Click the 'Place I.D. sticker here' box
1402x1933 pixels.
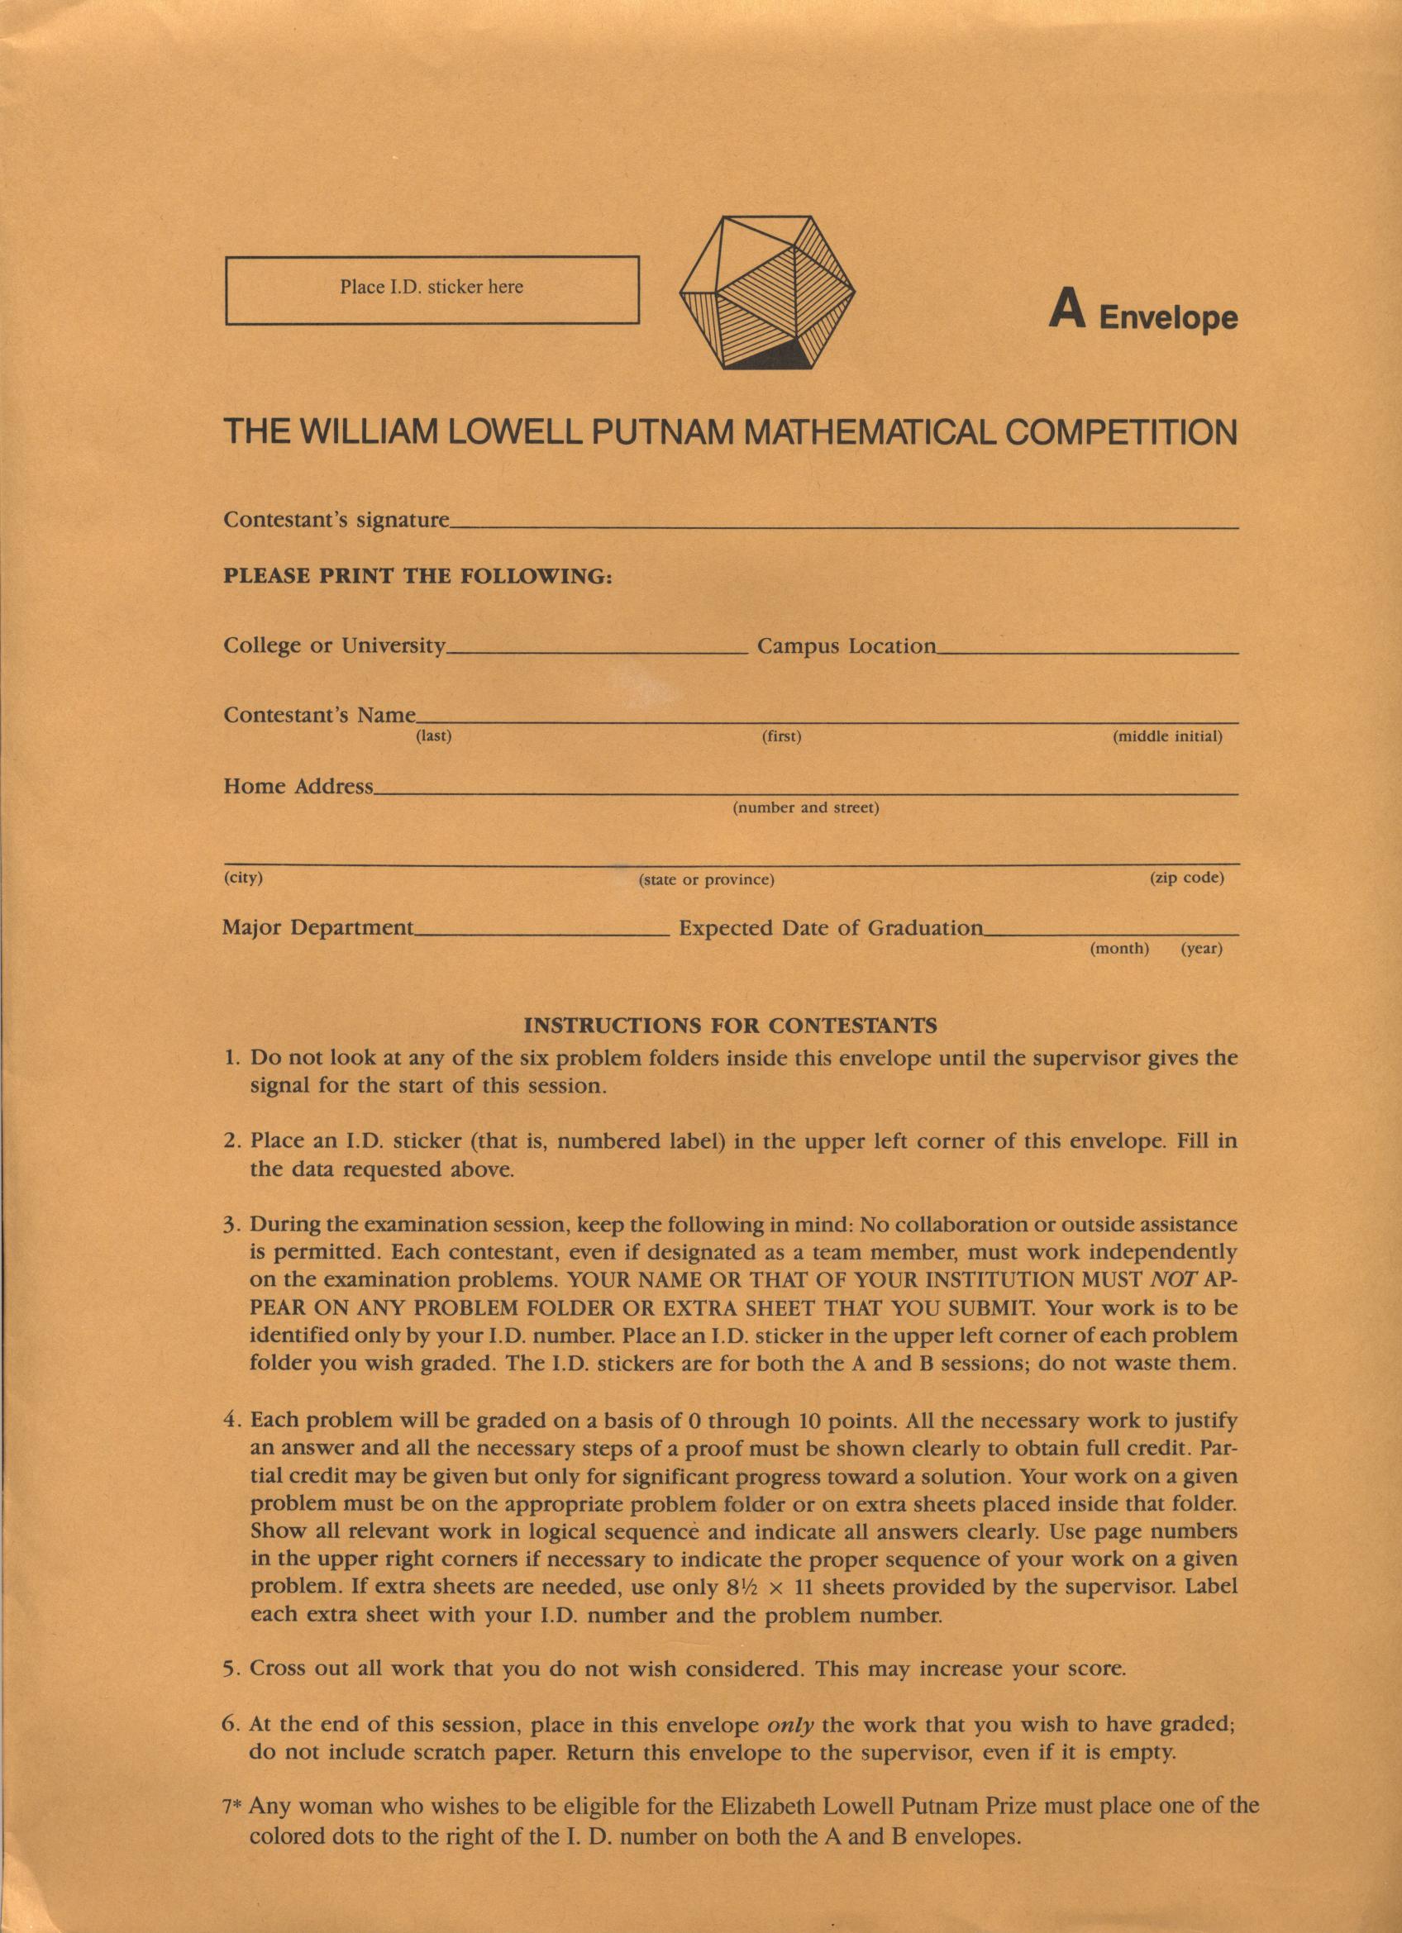pos(432,290)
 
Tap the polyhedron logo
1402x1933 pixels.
pos(767,293)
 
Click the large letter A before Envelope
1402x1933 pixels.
pos(1067,310)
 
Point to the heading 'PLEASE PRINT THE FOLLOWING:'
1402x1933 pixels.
pos(417,576)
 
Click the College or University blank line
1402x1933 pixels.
pos(597,652)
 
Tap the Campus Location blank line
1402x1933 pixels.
pos(1087,652)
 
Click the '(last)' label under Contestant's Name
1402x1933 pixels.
pos(433,736)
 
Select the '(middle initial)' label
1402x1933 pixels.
pos(1167,736)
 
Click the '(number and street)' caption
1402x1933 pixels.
pos(805,807)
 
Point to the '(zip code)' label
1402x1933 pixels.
pos(1186,877)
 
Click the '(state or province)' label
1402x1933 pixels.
pos(707,879)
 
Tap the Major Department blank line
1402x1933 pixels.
pos(541,934)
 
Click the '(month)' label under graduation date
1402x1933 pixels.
pos(1120,949)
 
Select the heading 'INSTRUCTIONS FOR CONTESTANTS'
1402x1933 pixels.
pos(731,1025)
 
